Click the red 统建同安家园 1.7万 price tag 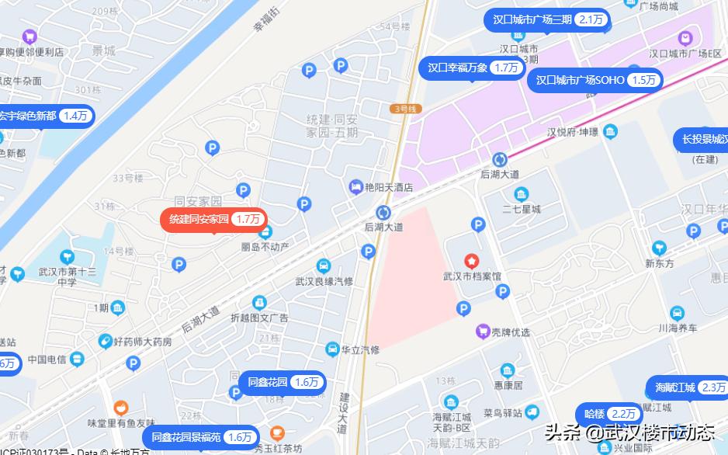click(213, 220)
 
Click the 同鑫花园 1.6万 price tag click(283, 382)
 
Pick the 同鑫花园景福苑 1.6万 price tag click(201, 437)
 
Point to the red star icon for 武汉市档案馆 click(470, 260)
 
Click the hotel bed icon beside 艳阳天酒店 click(355, 186)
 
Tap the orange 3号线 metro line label click(404, 109)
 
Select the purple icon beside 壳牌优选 click(483, 332)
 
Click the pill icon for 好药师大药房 click(105, 341)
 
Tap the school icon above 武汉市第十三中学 click(67, 257)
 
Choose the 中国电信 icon click(76, 359)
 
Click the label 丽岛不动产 click(265, 247)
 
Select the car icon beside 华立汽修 click(332, 349)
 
